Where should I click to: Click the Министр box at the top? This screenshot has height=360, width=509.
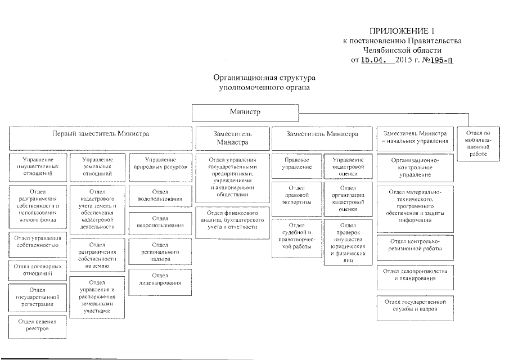(245, 112)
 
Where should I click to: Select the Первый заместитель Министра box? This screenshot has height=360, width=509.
(101, 135)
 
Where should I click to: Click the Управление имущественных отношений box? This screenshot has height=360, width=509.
(38, 166)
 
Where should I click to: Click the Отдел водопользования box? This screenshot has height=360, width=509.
(160, 196)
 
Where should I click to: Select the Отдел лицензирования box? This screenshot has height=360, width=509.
(160, 279)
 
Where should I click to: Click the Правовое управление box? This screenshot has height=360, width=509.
(296, 164)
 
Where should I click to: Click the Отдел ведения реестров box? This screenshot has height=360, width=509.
(38, 325)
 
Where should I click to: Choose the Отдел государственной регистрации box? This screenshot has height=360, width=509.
(38, 296)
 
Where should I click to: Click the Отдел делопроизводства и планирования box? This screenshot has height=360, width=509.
(416, 274)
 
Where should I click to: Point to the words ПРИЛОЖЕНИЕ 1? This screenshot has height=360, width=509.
(403, 30)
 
